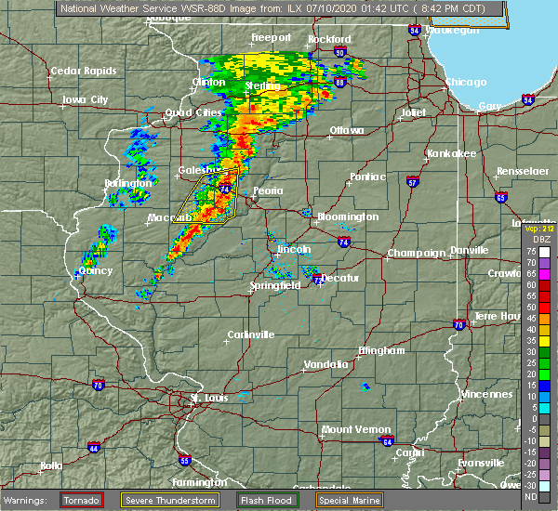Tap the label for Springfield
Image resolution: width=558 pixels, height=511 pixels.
tap(274, 286)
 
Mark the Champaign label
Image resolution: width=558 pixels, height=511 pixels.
tap(412, 253)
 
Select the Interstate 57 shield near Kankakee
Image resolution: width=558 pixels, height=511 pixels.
tap(412, 183)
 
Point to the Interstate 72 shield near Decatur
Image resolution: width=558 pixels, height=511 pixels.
tap(318, 278)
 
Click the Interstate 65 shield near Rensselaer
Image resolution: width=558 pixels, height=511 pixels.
tap(503, 198)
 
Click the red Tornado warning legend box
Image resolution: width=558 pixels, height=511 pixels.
tap(81, 500)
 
